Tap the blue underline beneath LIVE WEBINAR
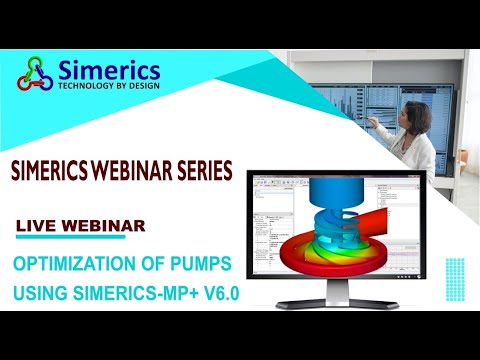(70, 238)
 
